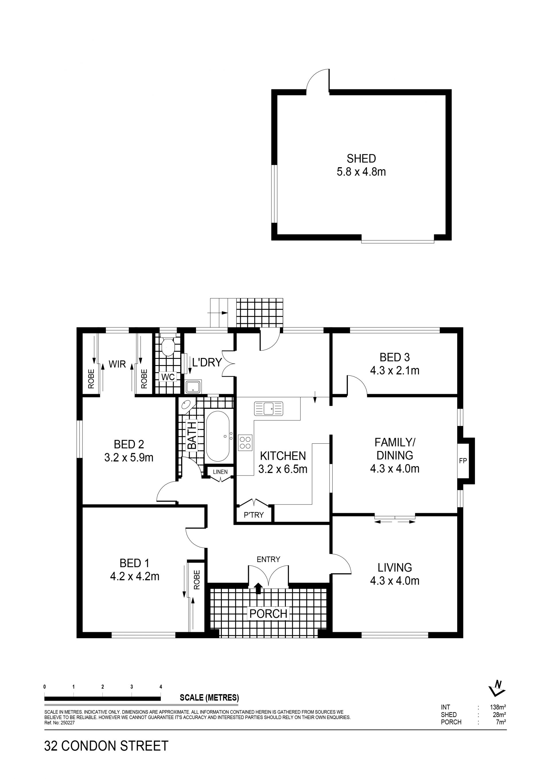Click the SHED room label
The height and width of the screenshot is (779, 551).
[361, 158]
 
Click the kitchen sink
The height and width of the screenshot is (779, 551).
[268, 408]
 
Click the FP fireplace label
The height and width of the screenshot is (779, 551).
[463, 461]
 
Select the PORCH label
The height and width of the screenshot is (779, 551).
[269, 614]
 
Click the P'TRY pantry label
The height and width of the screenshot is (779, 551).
[254, 515]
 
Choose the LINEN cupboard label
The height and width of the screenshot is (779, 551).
[220, 472]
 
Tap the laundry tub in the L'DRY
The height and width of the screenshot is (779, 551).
[193, 386]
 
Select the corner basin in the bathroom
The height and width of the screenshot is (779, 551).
[186, 405]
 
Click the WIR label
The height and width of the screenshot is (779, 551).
[117, 364]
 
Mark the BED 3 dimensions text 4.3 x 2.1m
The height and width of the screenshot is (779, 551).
[395, 371]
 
